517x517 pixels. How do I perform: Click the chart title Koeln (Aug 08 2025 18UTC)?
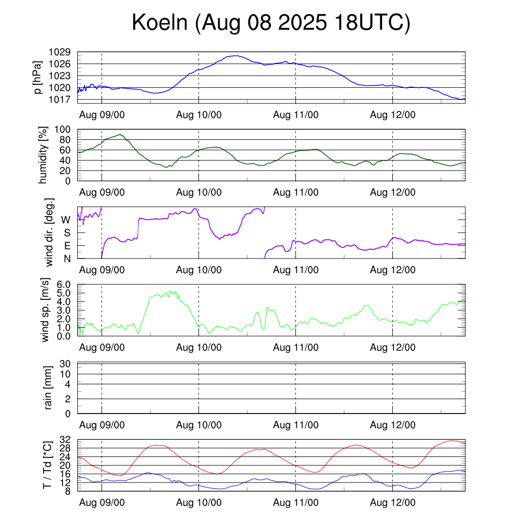[271, 23]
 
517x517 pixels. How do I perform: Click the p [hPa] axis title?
[37, 77]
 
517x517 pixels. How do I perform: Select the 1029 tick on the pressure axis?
[60, 52]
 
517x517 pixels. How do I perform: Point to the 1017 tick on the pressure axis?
[60, 99]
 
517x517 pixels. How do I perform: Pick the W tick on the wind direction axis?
[66, 220]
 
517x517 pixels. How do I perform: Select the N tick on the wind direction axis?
[67, 258]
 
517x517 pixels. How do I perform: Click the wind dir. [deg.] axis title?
[49, 233]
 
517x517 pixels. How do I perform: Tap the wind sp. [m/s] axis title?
[46, 311]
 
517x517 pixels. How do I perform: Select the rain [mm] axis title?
[48, 388]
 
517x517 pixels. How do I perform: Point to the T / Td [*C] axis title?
[46, 466]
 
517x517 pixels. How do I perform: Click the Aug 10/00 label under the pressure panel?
[199, 114]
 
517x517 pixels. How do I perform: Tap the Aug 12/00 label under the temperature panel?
[393, 503]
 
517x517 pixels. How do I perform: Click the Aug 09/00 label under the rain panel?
[102, 425]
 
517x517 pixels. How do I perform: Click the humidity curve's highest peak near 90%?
[120, 135]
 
